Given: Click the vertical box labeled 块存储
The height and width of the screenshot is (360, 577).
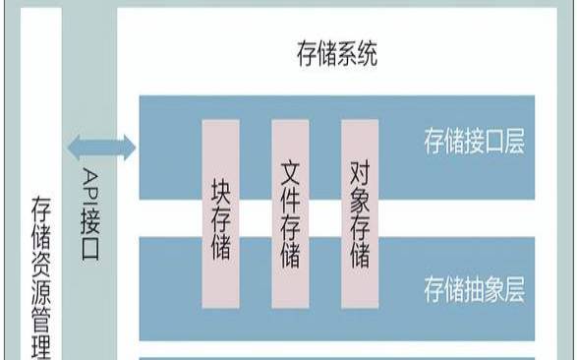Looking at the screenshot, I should point(220,214).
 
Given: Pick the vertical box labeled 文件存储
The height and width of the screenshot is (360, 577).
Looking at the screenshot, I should point(289,214).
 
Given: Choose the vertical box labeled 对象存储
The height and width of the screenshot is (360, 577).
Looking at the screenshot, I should point(359,214).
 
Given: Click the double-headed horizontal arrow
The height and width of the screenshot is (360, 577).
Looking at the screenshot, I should point(102,149).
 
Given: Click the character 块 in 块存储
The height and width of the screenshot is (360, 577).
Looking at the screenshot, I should point(220,187).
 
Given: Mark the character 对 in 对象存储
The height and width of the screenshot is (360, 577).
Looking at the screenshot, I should point(359,174).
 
